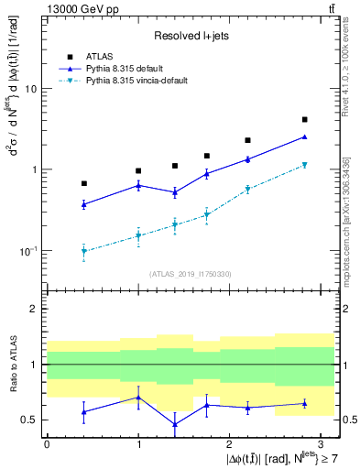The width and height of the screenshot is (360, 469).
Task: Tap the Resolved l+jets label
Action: point(191,36)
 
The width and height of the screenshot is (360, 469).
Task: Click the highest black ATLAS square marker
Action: point(304,120)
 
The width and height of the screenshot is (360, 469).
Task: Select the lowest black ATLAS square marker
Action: point(84,183)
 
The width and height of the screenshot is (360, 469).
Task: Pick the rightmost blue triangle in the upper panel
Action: point(304,136)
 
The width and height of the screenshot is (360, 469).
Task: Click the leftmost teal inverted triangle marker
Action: point(84,252)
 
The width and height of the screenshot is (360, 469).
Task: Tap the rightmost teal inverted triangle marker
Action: point(304,165)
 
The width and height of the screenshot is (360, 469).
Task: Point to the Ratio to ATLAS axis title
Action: point(12,364)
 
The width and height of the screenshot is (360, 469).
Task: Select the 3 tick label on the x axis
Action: point(321,442)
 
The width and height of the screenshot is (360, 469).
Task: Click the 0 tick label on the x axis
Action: point(48,442)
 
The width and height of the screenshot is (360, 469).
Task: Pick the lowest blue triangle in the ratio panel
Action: point(174,424)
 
